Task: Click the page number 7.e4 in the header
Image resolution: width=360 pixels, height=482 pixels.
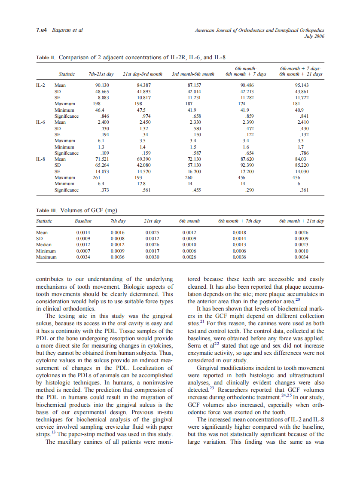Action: (42, 30)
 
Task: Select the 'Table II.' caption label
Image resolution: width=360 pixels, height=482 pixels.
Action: (46, 57)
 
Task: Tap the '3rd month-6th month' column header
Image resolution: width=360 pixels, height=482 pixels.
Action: (193, 74)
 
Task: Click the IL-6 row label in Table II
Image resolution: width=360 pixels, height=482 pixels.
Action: (41, 122)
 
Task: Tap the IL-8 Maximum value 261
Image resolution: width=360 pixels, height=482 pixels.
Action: (97, 177)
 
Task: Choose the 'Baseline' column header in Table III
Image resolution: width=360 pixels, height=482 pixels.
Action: (83, 221)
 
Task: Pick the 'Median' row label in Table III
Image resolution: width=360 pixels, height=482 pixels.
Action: (43, 244)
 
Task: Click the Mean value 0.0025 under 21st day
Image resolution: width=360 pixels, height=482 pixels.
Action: (152, 232)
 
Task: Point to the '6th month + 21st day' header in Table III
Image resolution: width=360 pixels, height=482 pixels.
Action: (301, 221)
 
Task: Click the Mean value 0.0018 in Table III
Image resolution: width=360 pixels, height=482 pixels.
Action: (239, 232)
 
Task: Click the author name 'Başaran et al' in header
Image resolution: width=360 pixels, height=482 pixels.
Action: (67, 30)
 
